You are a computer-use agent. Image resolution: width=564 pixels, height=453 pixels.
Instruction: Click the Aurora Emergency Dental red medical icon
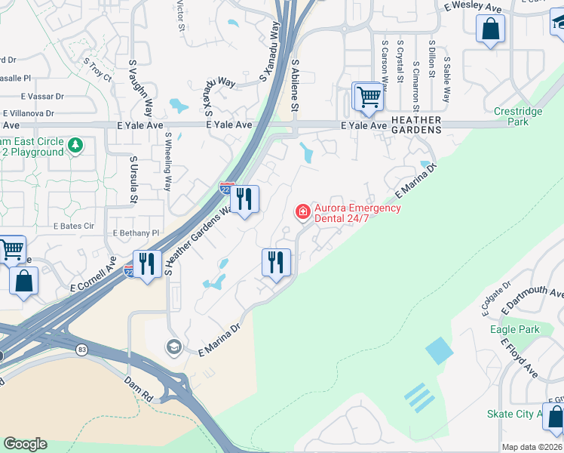(303, 211)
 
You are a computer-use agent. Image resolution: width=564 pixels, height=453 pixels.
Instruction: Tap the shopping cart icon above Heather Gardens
(367, 96)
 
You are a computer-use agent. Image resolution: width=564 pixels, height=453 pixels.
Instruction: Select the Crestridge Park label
(517, 116)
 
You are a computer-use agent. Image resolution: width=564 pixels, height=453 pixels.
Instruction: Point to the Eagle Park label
(513, 329)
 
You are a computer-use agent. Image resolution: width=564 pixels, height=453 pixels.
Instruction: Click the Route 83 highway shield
(81, 349)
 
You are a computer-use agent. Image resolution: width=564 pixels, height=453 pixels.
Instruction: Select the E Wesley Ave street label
(473, 8)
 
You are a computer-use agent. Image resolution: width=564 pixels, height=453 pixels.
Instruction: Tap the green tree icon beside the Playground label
(75, 145)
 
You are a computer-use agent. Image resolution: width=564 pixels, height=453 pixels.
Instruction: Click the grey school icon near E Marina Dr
(173, 347)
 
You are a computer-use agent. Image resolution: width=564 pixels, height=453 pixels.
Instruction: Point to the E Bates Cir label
(73, 226)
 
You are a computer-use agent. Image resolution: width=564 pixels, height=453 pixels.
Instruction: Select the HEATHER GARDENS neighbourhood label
(416, 125)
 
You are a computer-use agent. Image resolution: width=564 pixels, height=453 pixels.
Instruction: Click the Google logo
(25, 444)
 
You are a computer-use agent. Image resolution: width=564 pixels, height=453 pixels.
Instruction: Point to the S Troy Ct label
(97, 72)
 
